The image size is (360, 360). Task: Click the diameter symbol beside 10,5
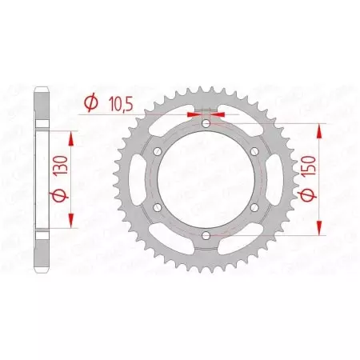tap(90, 102)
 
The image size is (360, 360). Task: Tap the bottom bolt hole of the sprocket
tap(206, 235)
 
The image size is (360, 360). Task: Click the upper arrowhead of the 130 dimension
tap(73, 138)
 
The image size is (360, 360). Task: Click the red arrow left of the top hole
tap(192, 114)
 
